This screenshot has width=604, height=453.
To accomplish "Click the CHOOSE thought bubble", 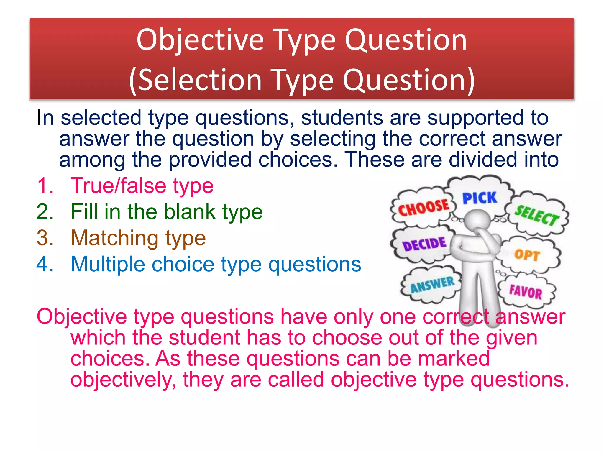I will [x=424, y=208].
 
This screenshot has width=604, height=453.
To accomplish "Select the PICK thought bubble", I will [x=480, y=198].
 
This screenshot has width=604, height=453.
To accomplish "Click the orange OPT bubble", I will [x=527, y=255].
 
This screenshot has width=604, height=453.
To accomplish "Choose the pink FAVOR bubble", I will [x=526, y=292].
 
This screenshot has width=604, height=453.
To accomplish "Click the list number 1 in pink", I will [x=45, y=186].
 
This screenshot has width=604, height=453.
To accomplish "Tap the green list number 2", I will [x=45, y=212].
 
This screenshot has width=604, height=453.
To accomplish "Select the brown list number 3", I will [x=45, y=238].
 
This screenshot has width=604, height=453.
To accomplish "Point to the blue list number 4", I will [x=45, y=264].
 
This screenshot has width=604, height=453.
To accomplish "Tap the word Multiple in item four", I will [x=108, y=264].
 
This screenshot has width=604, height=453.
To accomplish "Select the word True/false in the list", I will [x=118, y=186].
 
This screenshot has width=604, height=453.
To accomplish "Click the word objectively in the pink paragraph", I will [x=121, y=380].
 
